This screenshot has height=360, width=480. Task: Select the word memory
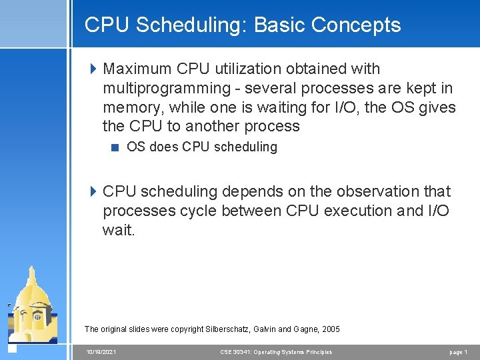(132, 107)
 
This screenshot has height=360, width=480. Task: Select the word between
(250, 211)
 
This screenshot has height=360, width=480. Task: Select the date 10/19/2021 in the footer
(101, 352)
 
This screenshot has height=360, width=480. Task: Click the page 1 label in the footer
(458, 352)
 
